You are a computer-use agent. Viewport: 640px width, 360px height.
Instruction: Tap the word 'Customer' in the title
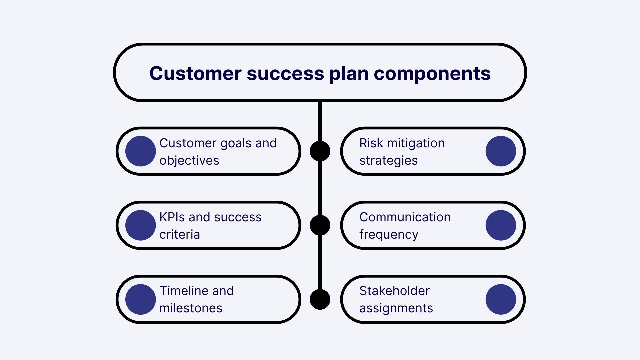(x=195, y=74)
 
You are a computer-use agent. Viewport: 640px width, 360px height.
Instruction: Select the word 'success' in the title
(x=285, y=74)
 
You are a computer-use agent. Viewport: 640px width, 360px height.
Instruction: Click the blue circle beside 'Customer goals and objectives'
(x=140, y=151)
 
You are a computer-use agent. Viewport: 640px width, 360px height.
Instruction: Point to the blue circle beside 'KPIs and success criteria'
(x=140, y=225)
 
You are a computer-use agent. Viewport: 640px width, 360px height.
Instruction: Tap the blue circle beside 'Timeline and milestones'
(x=140, y=299)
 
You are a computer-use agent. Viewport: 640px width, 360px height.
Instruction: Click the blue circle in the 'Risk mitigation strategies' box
(x=501, y=151)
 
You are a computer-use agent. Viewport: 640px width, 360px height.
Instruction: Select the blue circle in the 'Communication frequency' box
(x=501, y=225)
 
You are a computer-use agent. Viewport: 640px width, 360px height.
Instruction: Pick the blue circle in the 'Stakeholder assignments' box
(x=501, y=299)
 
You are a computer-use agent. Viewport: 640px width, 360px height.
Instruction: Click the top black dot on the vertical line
(x=320, y=151)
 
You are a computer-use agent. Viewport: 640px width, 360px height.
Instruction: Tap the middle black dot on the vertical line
(x=320, y=225)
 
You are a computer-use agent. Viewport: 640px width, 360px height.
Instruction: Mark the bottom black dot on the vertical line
(x=320, y=299)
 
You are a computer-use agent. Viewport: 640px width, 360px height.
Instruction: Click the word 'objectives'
(x=189, y=161)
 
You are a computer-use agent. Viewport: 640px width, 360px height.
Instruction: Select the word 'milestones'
(x=191, y=308)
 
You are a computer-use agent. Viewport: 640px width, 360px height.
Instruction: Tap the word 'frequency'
(x=389, y=235)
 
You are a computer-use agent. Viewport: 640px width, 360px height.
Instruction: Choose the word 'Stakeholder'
(x=394, y=291)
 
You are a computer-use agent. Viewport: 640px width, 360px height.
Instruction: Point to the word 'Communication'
(x=405, y=217)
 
